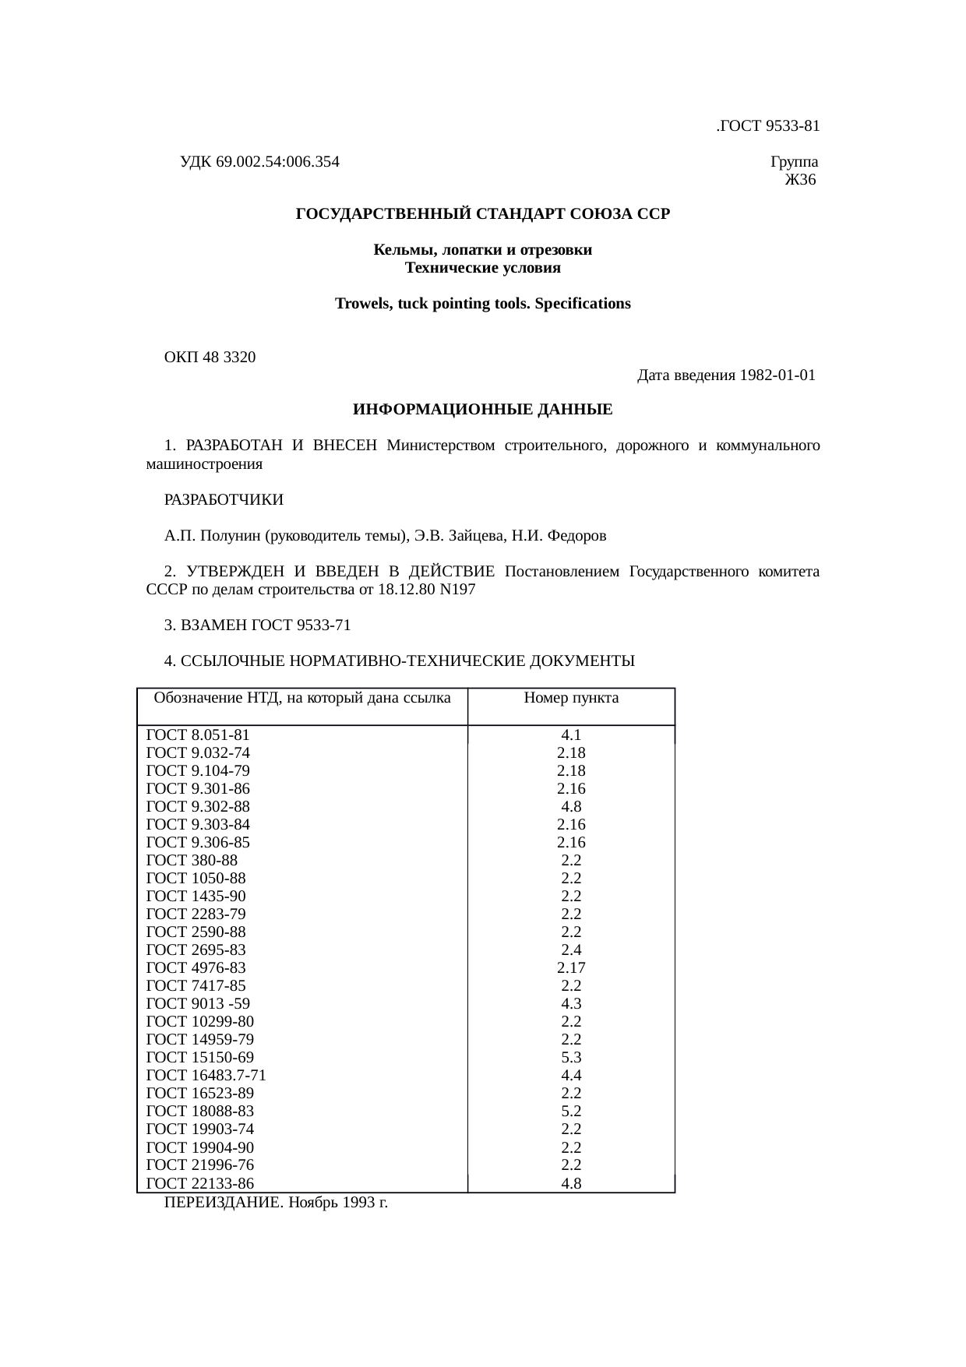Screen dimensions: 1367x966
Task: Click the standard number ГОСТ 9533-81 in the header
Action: coord(769,126)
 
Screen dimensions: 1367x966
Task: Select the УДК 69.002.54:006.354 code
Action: coord(259,162)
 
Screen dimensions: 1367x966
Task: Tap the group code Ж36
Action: coord(800,181)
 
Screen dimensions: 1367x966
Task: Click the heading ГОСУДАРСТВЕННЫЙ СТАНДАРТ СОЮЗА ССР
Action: coord(482,214)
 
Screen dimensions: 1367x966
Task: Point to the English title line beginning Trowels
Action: coord(482,304)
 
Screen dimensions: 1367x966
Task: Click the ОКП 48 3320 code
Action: coord(210,358)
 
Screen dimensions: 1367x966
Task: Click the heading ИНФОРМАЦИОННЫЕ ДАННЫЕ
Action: coord(482,410)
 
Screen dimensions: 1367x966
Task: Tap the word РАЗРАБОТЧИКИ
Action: coord(224,499)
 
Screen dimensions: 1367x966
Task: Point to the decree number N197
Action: coord(457,590)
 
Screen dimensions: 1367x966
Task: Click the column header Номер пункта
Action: coord(571,698)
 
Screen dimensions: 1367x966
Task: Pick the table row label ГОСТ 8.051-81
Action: coord(198,735)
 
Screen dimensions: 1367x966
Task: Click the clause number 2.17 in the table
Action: coord(571,968)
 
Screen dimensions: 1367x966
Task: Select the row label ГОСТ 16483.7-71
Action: coord(206,1076)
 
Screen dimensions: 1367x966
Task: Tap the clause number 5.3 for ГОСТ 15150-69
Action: coord(571,1058)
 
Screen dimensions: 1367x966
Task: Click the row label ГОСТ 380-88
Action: coord(192,861)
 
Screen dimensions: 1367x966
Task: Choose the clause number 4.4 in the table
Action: coord(571,1076)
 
